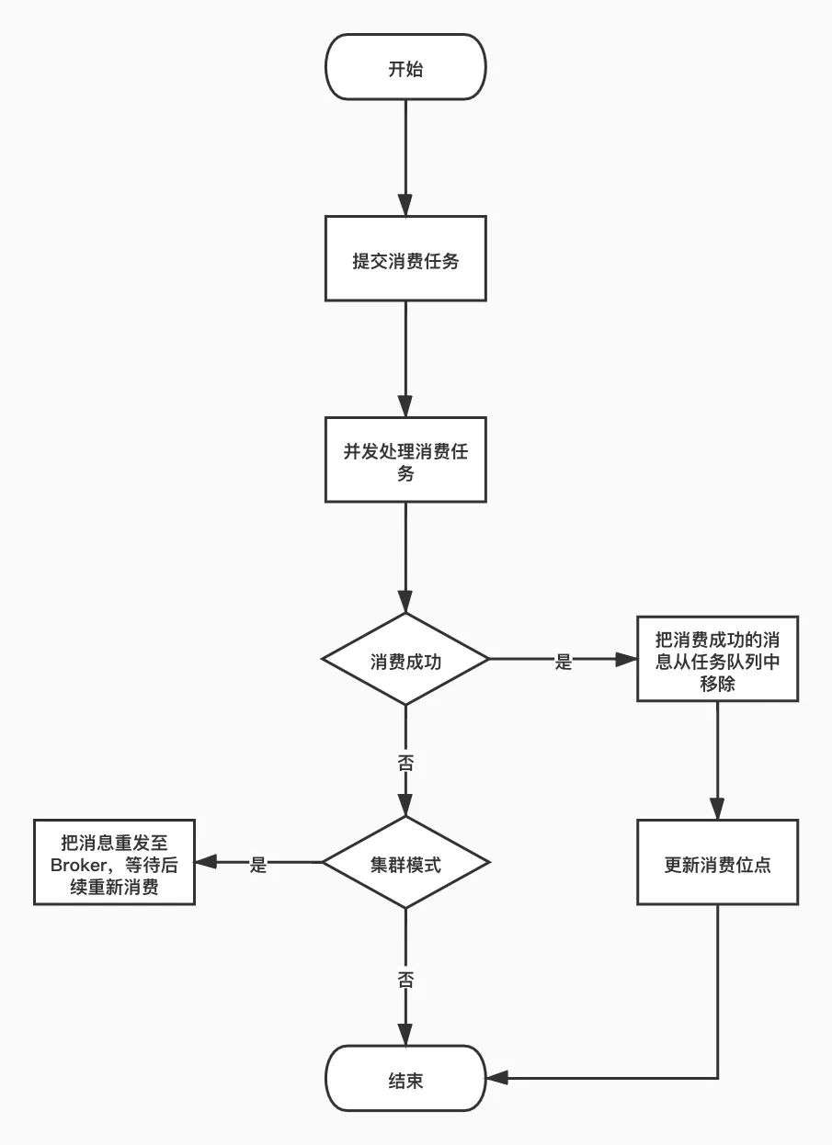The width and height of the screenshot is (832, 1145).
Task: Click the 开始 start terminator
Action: click(x=405, y=67)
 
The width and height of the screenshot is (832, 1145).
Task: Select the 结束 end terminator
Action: click(x=405, y=1078)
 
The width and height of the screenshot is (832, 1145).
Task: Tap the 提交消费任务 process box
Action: click(x=405, y=258)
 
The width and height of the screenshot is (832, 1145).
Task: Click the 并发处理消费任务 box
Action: click(x=405, y=459)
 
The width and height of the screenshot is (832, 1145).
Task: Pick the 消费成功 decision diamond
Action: click(x=405, y=660)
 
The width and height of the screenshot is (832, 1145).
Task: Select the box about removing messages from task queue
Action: click(x=717, y=659)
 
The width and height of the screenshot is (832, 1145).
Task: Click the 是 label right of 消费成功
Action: click(x=563, y=662)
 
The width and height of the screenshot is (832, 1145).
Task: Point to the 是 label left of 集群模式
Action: click(x=258, y=865)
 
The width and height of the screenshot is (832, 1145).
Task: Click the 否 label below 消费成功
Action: click(x=405, y=763)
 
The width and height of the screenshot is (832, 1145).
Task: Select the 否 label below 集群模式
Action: click(x=405, y=980)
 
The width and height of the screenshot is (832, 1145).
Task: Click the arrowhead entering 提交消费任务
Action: click(x=405, y=204)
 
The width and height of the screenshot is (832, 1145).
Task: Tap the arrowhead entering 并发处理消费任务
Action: click(x=405, y=406)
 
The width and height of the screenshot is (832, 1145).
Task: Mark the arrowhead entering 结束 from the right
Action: click(x=496, y=1078)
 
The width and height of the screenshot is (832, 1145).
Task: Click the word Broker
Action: click(x=77, y=865)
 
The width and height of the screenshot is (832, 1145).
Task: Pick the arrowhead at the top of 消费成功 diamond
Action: click(x=405, y=602)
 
